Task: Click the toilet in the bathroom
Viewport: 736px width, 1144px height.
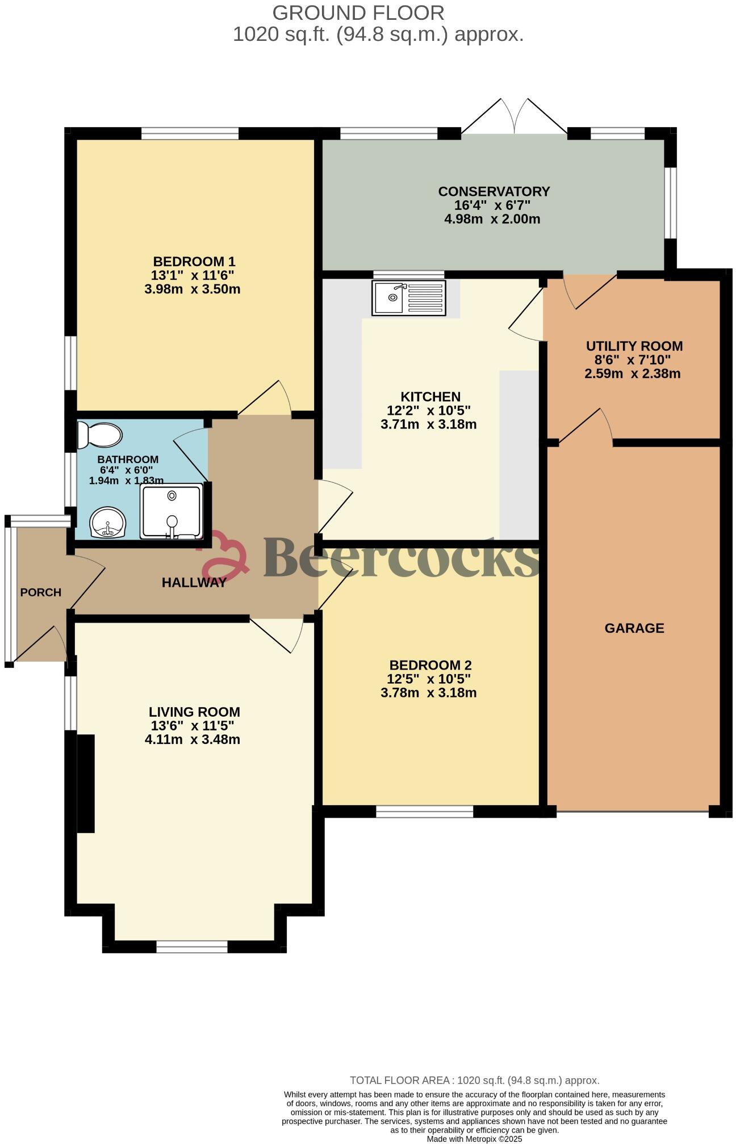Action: pyautogui.click(x=100, y=435)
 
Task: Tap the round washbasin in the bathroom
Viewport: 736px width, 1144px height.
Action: pyautogui.click(x=107, y=522)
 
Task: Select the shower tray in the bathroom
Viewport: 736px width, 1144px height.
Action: pyautogui.click(x=171, y=510)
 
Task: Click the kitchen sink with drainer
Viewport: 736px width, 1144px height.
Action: pyautogui.click(x=408, y=297)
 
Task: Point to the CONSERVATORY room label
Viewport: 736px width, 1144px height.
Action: pyautogui.click(x=494, y=191)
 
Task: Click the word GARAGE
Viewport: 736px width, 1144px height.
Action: pyautogui.click(x=634, y=628)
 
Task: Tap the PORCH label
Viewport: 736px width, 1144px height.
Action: pyautogui.click(x=40, y=592)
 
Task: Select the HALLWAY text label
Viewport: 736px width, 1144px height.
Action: pyautogui.click(x=194, y=582)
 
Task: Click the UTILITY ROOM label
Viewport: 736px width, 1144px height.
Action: pyautogui.click(x=634, y=346)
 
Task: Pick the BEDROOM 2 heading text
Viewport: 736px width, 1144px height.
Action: pyautogui.click(x=430, y=665)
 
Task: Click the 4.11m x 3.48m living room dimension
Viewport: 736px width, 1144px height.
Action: pyautogui.click(x=193, y=739)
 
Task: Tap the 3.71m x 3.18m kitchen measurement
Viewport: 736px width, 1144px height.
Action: pyautogui.click(x=429, y=424)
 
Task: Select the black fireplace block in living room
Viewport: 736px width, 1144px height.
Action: pyautogui.click(x=86, y=784)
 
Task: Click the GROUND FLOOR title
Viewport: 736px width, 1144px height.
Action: pyautogui.click(x=358, y=12)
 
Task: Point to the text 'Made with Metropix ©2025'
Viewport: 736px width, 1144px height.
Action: pyautogui.click(x=474, y=1138)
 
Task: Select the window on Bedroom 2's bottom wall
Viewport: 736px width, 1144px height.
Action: pyautogui.click(x=424, y=812)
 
